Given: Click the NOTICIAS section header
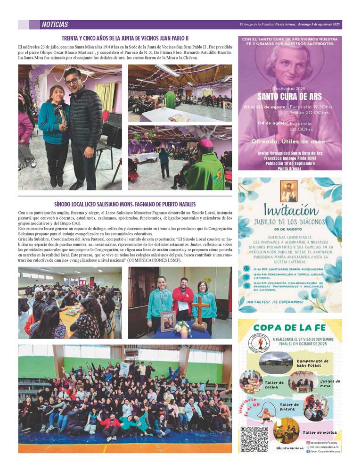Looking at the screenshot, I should click(x=55, y=25).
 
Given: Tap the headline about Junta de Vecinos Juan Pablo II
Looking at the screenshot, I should click(x=125, y=38).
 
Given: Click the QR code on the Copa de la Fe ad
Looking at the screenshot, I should click(x=254, y=439).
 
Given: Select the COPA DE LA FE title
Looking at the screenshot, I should click(x=289, y=328).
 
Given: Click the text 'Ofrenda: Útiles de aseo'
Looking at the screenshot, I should click(x=290, y=141).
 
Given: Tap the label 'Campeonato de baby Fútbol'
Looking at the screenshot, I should click(x=312, y=364).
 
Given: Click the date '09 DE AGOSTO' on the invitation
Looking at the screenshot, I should click(x=289, y=229).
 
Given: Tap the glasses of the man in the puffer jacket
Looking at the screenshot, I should click(x=72, y=81).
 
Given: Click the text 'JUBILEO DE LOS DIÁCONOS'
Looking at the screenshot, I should click(x=289, y=222).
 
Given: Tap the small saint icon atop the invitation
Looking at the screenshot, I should click(x=288, y=191).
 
